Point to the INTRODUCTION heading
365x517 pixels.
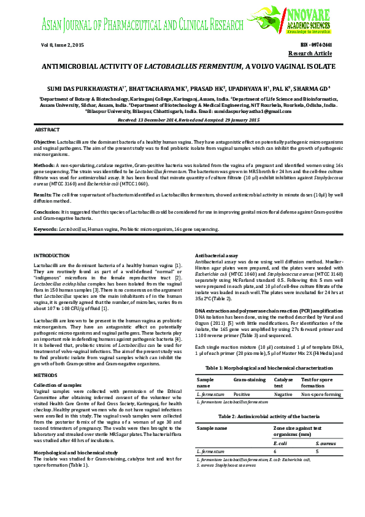click(x=52, y=254)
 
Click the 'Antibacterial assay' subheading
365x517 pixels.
click(x=216, y=254)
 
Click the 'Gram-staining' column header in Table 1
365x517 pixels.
click(x=249, y=380)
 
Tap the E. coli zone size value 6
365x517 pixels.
click(x=275, y=451)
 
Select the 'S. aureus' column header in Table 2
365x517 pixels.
click(x=326, y=442)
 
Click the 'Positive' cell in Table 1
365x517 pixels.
click(x=242, y=394)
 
